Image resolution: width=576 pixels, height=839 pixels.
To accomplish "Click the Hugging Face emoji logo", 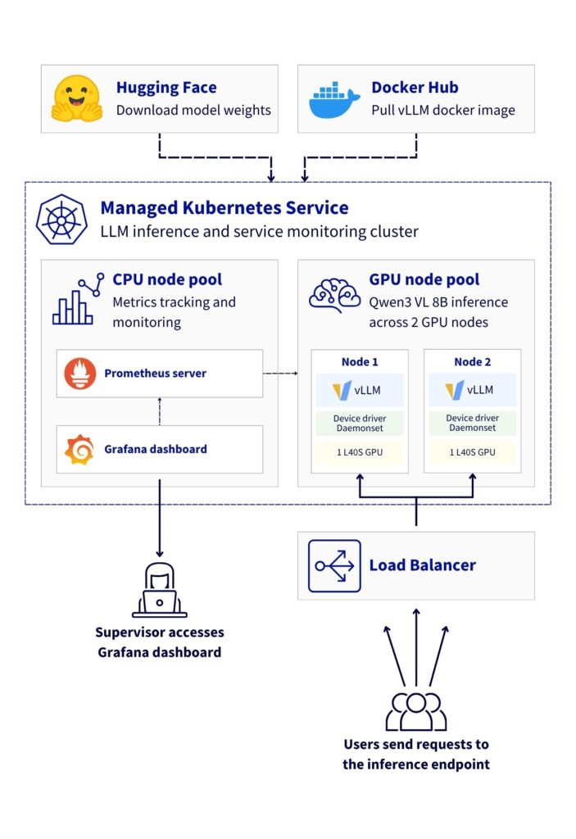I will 76,99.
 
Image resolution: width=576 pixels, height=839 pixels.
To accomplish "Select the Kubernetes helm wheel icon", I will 61,219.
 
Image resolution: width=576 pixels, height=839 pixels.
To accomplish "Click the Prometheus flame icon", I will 80,374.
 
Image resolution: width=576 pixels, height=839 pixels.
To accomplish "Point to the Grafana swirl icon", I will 80,449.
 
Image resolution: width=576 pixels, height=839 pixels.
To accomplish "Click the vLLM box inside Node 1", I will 360,390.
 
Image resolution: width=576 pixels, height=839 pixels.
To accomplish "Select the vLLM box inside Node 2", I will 471,390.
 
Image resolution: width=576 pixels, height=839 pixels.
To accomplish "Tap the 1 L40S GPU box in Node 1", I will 360,452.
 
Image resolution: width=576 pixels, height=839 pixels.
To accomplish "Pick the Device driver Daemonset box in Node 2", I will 471,423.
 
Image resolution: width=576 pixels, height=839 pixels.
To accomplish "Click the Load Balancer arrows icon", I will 334,565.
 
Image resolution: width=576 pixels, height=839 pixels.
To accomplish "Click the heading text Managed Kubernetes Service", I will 224,208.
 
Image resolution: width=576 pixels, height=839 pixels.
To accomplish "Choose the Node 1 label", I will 360,362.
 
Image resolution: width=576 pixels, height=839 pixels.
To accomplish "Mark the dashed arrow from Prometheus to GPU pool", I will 279,374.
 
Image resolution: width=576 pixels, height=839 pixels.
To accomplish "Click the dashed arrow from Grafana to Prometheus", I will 160,411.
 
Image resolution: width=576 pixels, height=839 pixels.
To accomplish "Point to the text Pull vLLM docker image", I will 443,110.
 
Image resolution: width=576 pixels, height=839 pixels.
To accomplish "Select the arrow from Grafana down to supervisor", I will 159,516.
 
